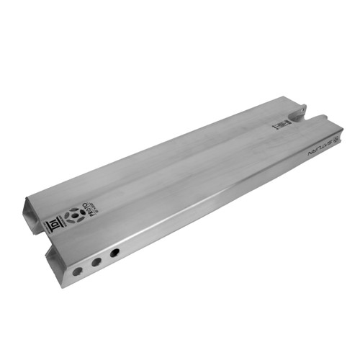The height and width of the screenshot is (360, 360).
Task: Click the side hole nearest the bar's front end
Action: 77,271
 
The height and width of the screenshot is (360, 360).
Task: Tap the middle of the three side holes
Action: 95,264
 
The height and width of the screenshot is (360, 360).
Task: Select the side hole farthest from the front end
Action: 114,254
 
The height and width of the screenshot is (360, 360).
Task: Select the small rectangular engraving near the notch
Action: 280,125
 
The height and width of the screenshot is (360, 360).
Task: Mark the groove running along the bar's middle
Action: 180,169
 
